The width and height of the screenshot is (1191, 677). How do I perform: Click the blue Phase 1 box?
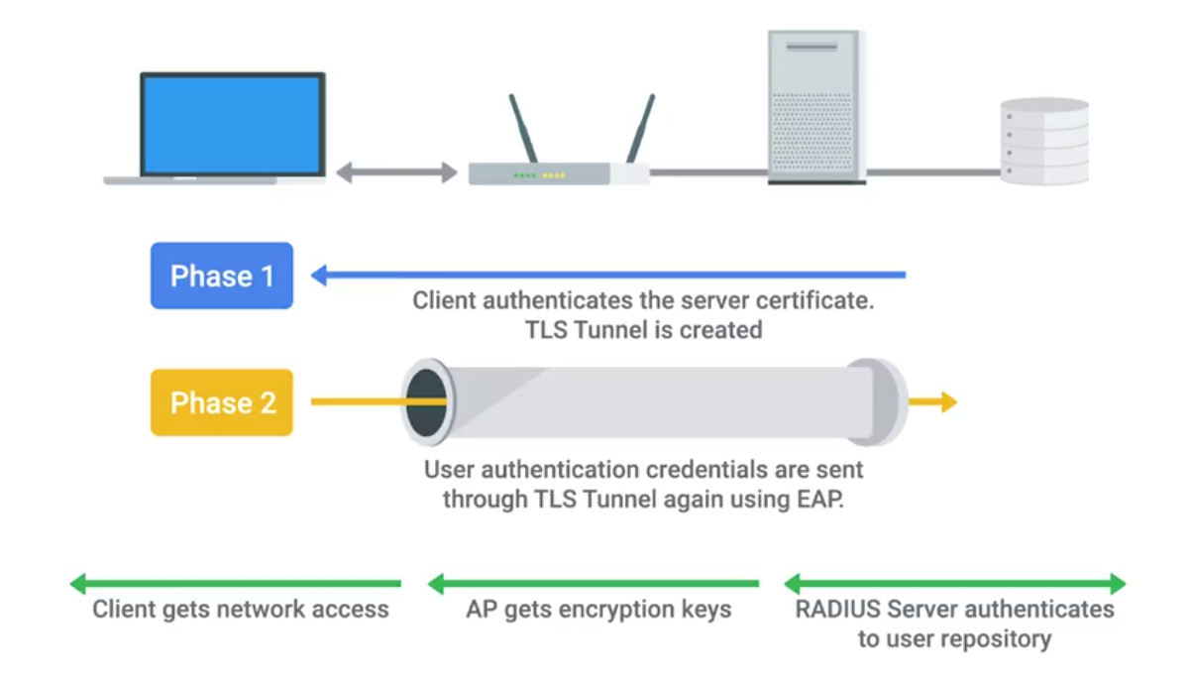point(222,276)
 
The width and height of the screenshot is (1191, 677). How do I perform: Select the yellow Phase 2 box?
point(222,402)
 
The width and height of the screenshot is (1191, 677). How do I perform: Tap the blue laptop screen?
point(233,123)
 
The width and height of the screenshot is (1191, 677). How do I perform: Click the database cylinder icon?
point(1044,141)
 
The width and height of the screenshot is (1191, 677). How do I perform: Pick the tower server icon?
point(816,107)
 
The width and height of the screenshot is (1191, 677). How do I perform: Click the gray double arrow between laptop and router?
point(396,173)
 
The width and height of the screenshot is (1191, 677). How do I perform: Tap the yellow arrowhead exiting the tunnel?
point(947,401)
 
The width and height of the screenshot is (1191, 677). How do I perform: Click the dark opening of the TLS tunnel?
point(427,402)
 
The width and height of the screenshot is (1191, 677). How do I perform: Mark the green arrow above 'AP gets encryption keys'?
point(594,583)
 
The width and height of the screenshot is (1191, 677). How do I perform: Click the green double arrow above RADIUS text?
point(954,583)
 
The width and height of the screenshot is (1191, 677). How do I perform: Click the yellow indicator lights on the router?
point(553,175)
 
